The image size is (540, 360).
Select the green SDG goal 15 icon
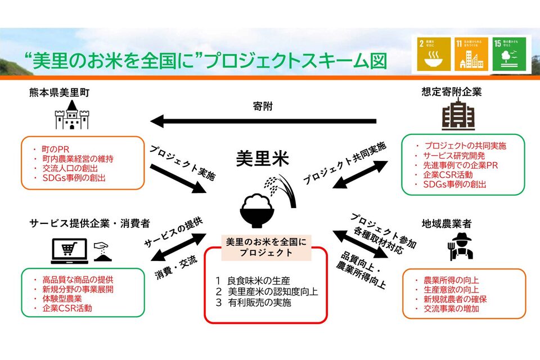510,55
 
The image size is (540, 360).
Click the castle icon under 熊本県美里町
71,116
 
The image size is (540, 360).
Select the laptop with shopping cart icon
70,251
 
